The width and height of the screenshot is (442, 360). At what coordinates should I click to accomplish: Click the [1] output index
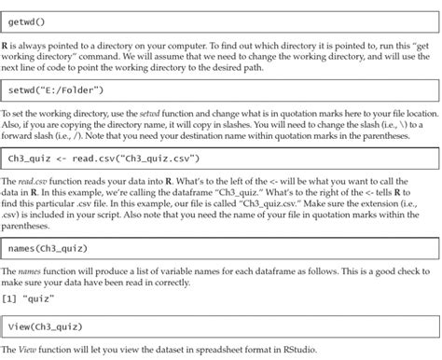tap(12, 297)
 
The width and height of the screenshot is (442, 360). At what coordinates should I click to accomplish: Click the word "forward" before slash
tap(22, 136)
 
